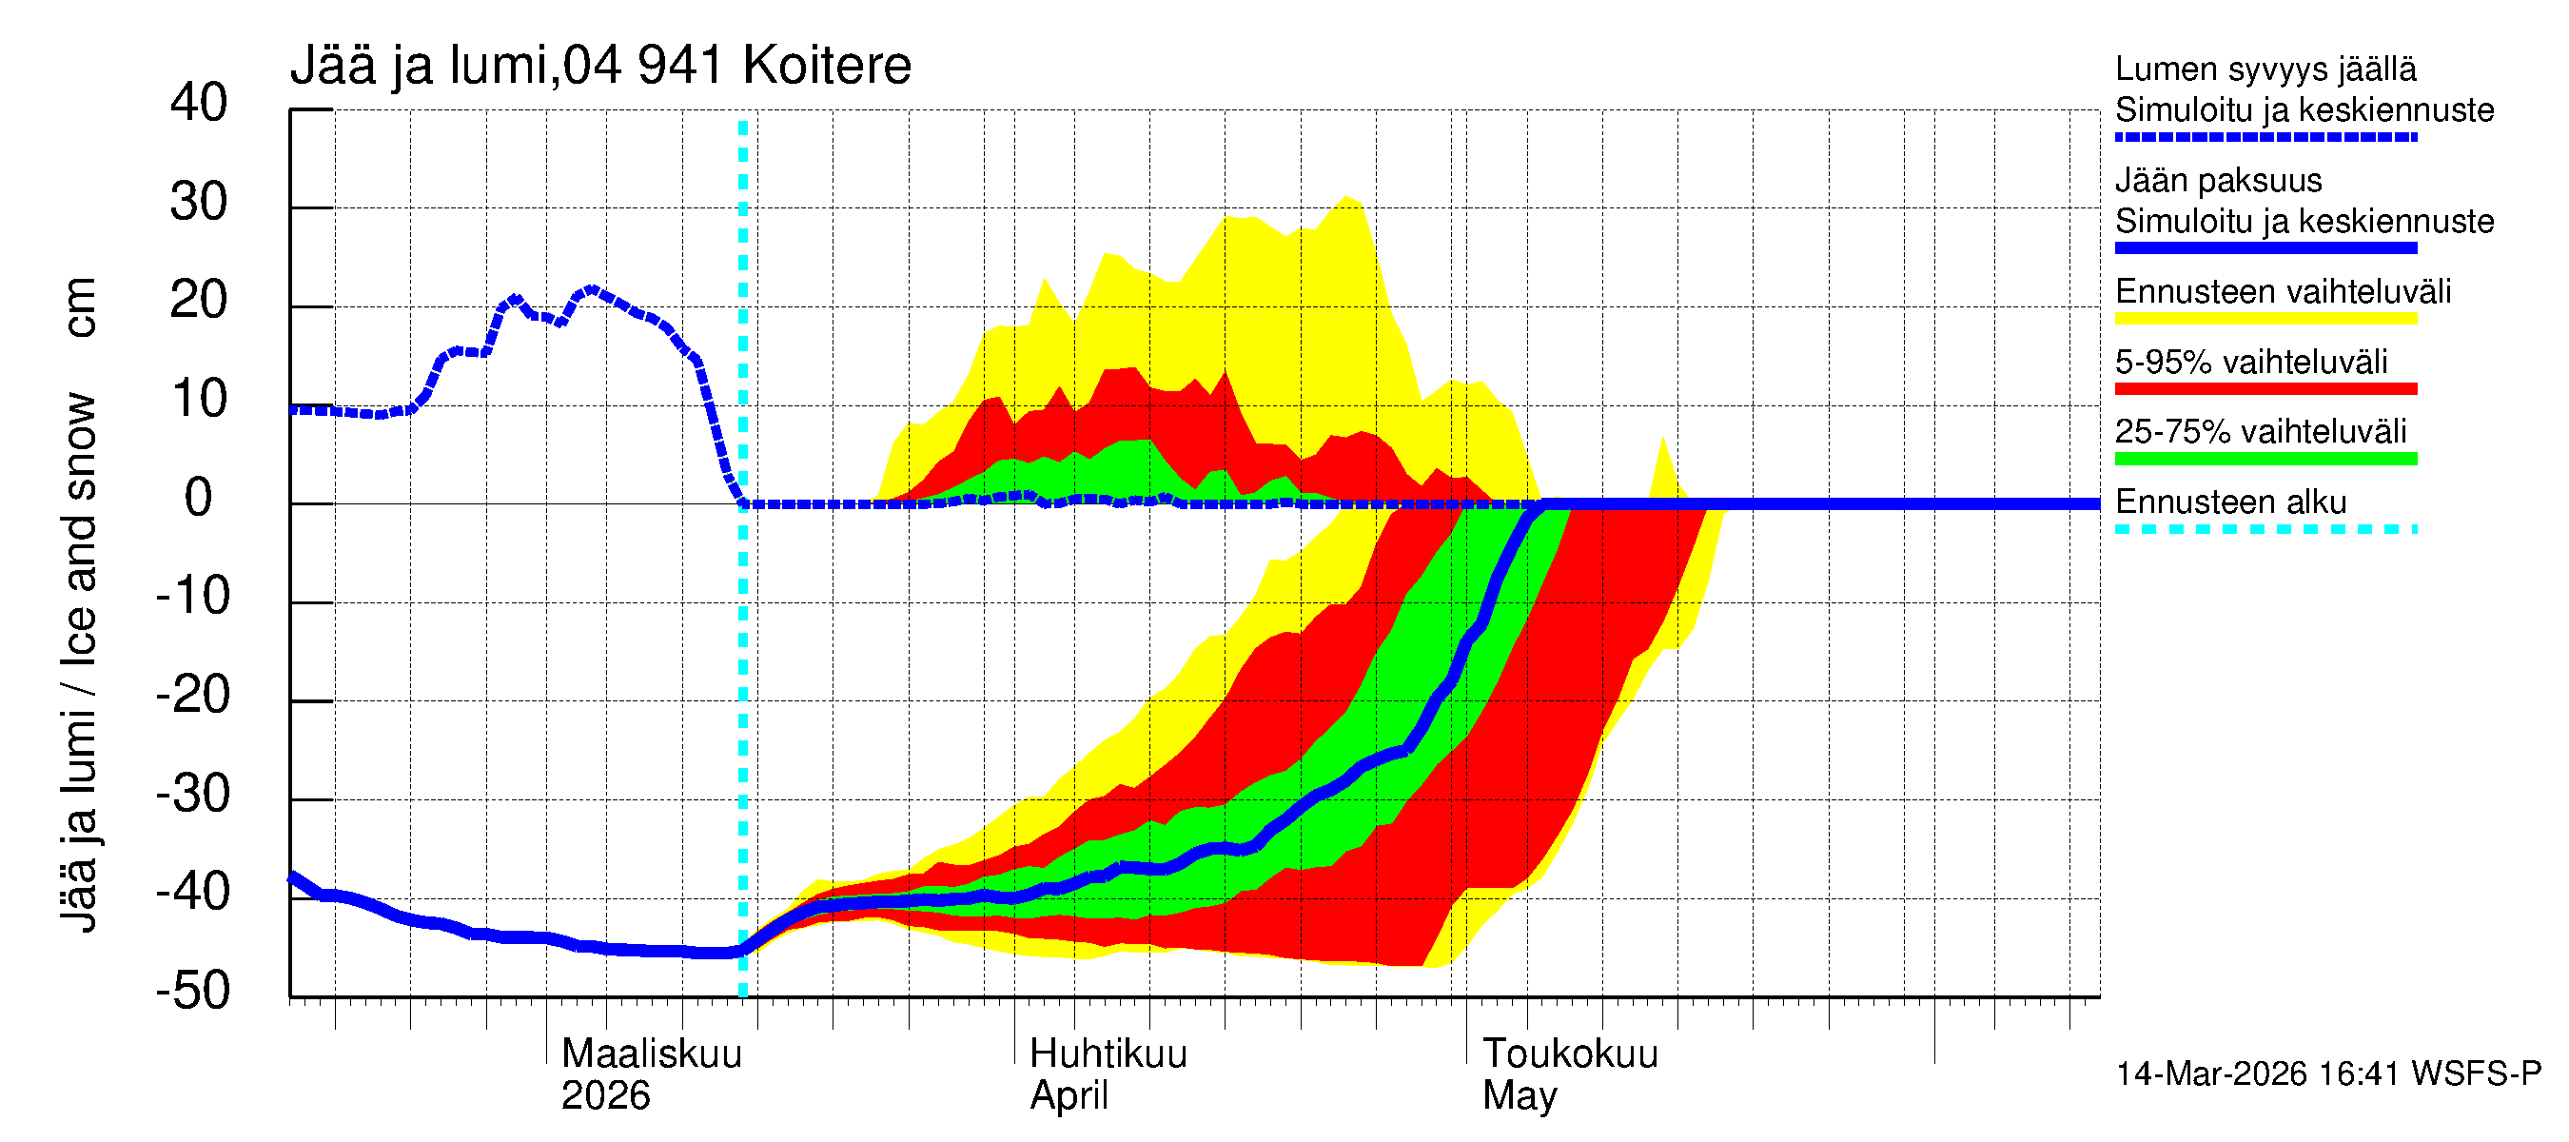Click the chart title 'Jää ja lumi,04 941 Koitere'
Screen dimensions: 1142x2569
(x=600, y=66)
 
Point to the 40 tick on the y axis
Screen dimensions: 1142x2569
(x=200, y=103)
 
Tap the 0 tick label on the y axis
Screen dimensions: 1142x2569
(x=200, y=498)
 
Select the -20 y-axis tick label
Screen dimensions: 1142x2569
(x=193, y=695)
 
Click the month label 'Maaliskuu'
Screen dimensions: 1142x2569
(x=651, y=1054)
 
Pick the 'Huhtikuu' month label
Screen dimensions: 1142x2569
(x=1108, y=1054)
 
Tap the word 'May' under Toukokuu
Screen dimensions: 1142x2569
(x=1519, y=1096)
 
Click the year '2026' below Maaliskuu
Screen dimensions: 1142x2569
(x=605, y=1096)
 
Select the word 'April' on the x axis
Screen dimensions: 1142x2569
(x=1069, y=1096)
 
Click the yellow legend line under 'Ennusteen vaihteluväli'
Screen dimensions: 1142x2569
(x=2265, y=319)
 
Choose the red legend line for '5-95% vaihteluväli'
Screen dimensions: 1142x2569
(x=2265, y=389)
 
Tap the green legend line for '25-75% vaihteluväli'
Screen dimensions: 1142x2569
(x=2265, y=459)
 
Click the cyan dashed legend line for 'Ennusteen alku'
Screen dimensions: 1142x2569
(x=2265, y=528)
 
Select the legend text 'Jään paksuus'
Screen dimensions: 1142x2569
(x=2218, y=181)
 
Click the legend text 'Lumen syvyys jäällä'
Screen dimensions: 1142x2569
(x=2265, y=69)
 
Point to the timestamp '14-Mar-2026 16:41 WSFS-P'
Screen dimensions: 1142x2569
(x=2327, y=1073)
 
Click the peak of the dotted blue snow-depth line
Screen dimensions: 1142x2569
(x=592, y=290)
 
